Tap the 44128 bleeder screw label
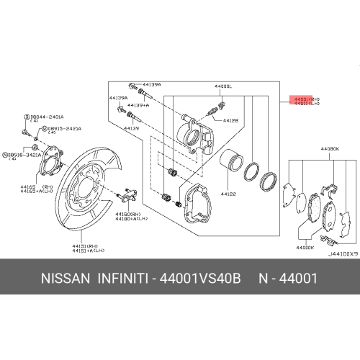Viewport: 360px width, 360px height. pos(230,121)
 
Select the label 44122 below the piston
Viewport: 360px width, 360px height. pos(228,194)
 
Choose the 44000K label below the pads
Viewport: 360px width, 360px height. pos(304,247)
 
